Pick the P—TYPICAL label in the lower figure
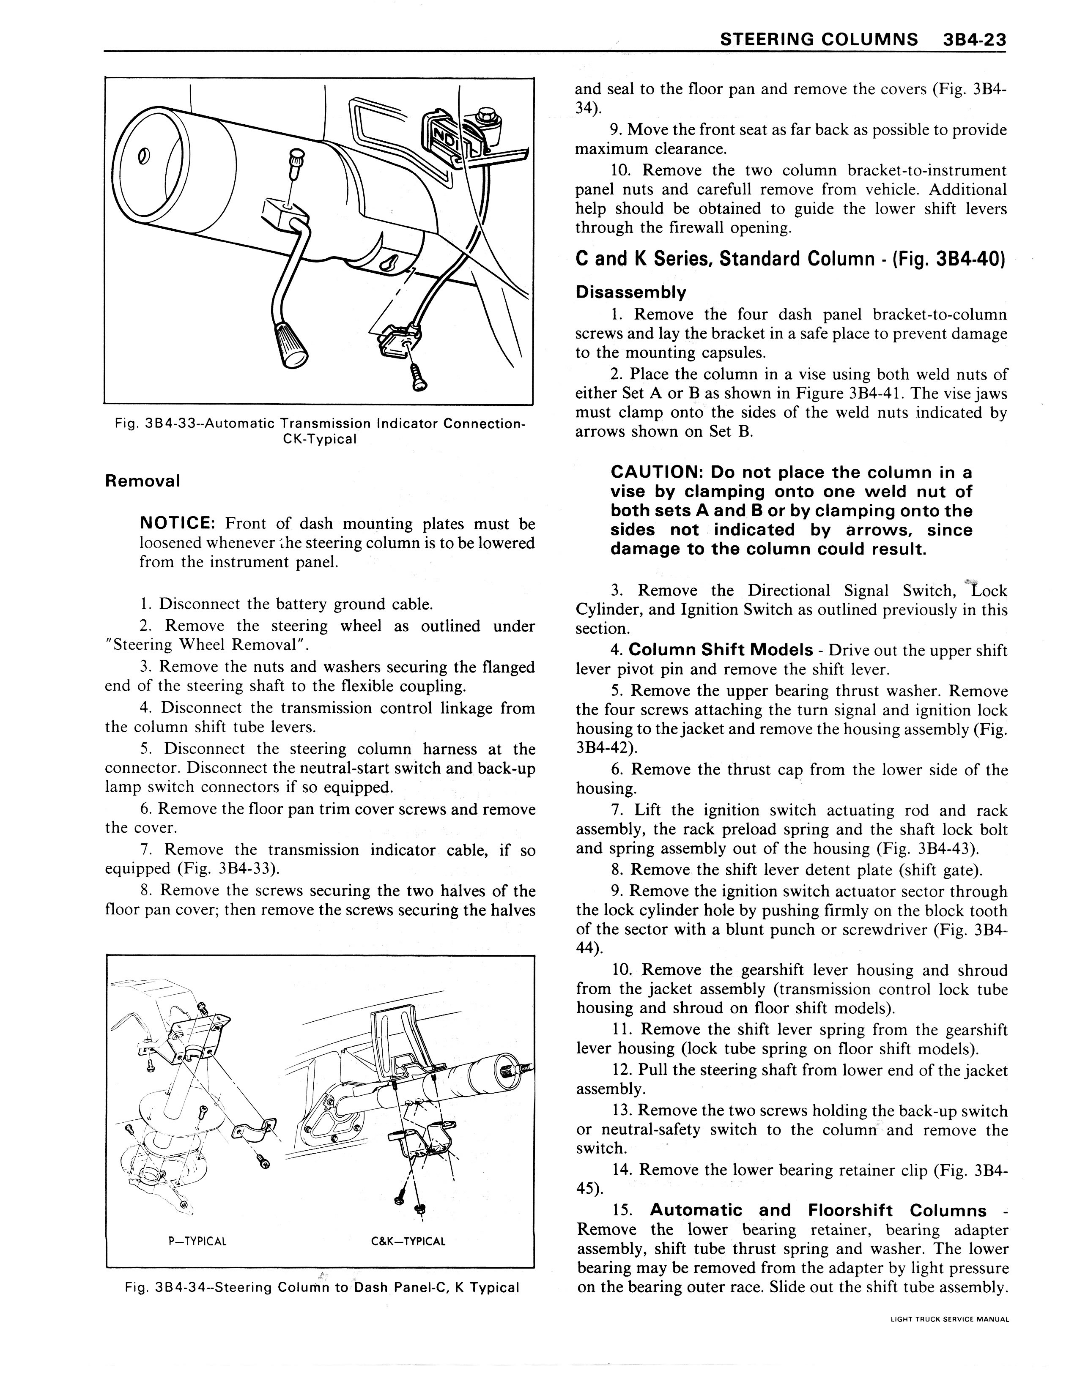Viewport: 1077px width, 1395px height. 197,1242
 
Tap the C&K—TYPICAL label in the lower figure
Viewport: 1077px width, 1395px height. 408,1242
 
